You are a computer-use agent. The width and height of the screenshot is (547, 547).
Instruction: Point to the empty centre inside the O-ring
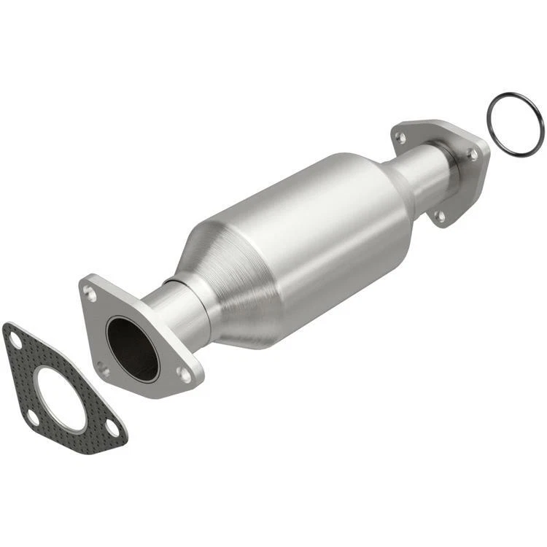(515, 123)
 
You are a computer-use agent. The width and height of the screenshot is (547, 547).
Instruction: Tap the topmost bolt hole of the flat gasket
(15, 339)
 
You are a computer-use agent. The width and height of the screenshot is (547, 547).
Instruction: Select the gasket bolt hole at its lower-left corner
(33, 418)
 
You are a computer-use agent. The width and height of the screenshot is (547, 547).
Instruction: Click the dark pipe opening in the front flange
(132, 348)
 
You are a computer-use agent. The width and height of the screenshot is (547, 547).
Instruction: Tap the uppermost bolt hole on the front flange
(90, 293)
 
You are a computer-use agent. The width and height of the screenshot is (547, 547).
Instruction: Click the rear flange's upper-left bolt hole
(400, 136)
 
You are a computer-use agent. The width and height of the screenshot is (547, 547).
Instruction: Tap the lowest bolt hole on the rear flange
(440, 216)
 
